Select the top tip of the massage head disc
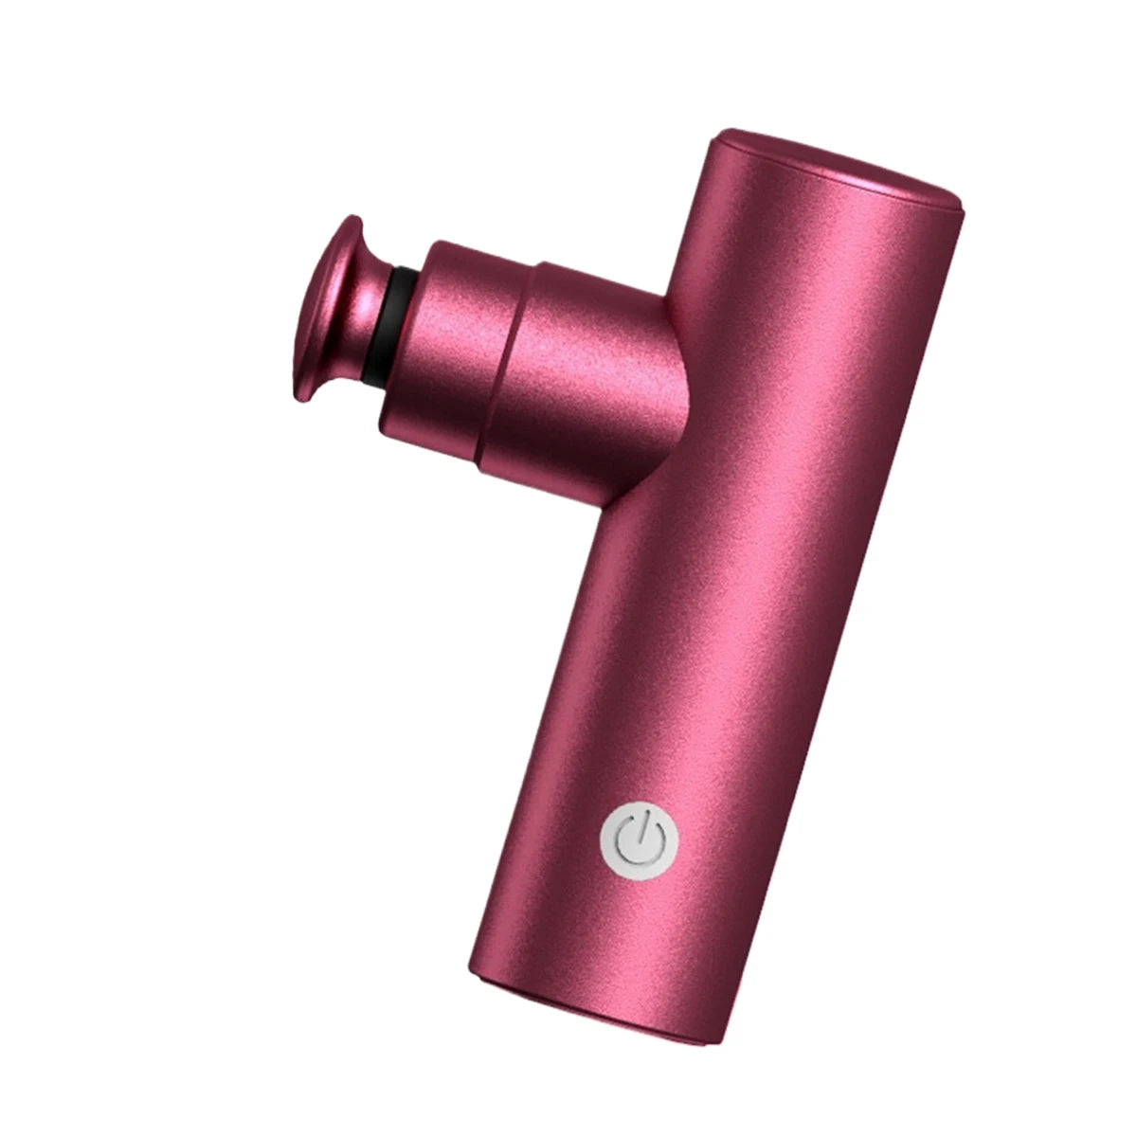pyautogui.click(x=352, y=219)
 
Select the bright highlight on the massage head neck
pyautogui.click(x=360, y=303)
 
